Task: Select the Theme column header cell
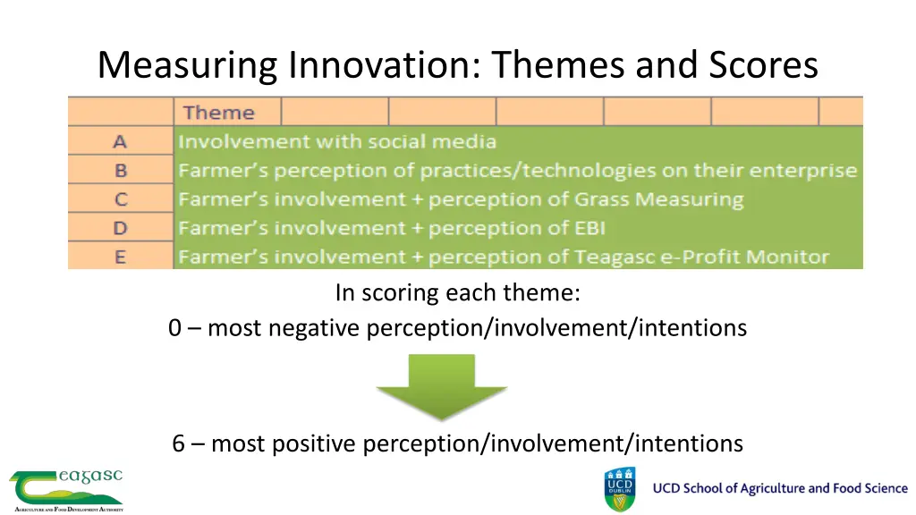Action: coord(219,113)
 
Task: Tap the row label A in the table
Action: coord(120,141)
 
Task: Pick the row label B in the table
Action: coord(120,170)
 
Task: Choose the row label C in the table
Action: coord(120,199)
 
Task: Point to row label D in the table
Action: coord(120,228)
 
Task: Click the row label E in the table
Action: coord(120,257)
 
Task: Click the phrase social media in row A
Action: coord(439,141)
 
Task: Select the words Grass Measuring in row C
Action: coord(677,199)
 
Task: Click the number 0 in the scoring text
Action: coord(174,329)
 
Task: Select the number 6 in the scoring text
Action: coord(180,443)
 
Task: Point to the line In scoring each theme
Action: coord(458,293)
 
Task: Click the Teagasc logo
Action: coord(66,489)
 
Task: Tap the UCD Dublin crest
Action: coord(621,489)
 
